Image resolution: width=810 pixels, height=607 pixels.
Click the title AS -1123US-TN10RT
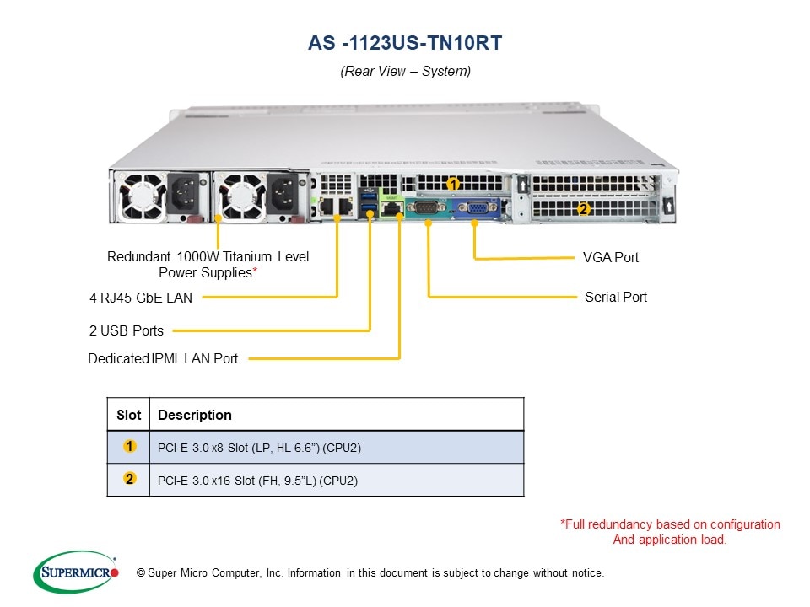405,43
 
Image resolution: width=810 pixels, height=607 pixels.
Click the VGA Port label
611,257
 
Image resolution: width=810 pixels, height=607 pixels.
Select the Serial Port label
616,297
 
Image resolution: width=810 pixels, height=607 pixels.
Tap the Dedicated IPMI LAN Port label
163,358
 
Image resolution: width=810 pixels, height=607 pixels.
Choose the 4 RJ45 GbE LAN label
141,297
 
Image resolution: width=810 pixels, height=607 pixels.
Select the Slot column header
129,415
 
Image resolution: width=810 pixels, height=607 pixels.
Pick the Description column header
195,415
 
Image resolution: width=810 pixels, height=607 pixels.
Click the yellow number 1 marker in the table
129,446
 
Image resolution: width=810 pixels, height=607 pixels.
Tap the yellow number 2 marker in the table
129,479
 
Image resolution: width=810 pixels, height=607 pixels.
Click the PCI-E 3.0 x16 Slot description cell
258,481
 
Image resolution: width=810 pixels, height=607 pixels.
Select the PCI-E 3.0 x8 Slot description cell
259,448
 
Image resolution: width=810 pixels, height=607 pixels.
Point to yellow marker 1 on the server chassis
453,183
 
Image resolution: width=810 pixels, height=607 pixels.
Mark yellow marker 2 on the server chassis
582,208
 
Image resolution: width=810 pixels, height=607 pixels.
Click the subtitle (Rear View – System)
405,72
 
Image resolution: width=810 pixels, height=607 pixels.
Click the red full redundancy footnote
670,532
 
